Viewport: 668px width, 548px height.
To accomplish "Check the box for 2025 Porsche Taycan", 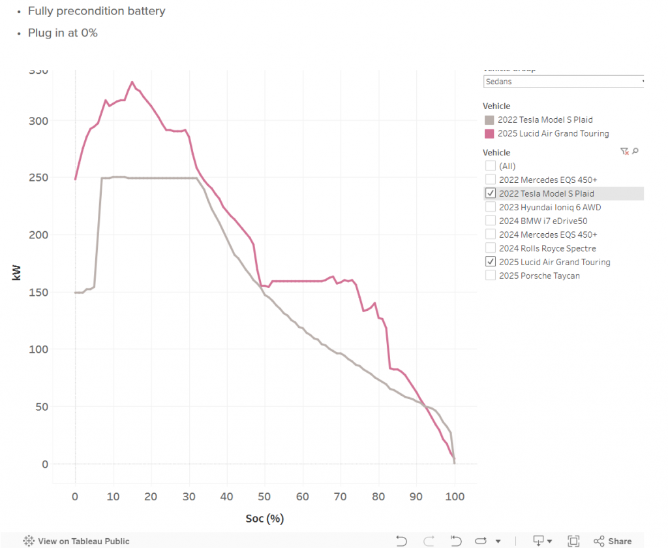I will [491, 276].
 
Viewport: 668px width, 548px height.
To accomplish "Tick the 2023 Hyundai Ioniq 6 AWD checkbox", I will [491, 207].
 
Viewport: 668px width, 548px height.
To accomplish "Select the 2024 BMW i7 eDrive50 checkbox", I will [491, 221].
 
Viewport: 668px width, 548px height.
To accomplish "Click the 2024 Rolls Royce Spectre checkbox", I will [491, 248].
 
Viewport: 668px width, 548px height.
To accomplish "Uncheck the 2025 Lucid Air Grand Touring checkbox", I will [491, 262].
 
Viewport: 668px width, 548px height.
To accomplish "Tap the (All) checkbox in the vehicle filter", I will [491, 166].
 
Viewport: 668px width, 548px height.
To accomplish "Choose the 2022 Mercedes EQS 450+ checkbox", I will [491, 180].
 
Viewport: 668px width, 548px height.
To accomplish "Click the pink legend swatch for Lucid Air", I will [489, 133].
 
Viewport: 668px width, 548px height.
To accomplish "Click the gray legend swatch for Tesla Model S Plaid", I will [489, 120].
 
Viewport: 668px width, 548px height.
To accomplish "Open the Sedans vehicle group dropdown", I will [564, 82].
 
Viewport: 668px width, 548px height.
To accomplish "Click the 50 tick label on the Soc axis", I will [265, 497].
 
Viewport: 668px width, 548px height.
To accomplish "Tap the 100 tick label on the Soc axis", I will [455, 497].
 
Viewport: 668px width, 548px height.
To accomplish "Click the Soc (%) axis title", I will [264, 519].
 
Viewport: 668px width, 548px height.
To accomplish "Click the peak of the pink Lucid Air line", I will [132, 82].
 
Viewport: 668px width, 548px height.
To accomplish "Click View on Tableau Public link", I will [83, 541].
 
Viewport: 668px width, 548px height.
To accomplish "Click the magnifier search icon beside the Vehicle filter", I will [635, 152].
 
